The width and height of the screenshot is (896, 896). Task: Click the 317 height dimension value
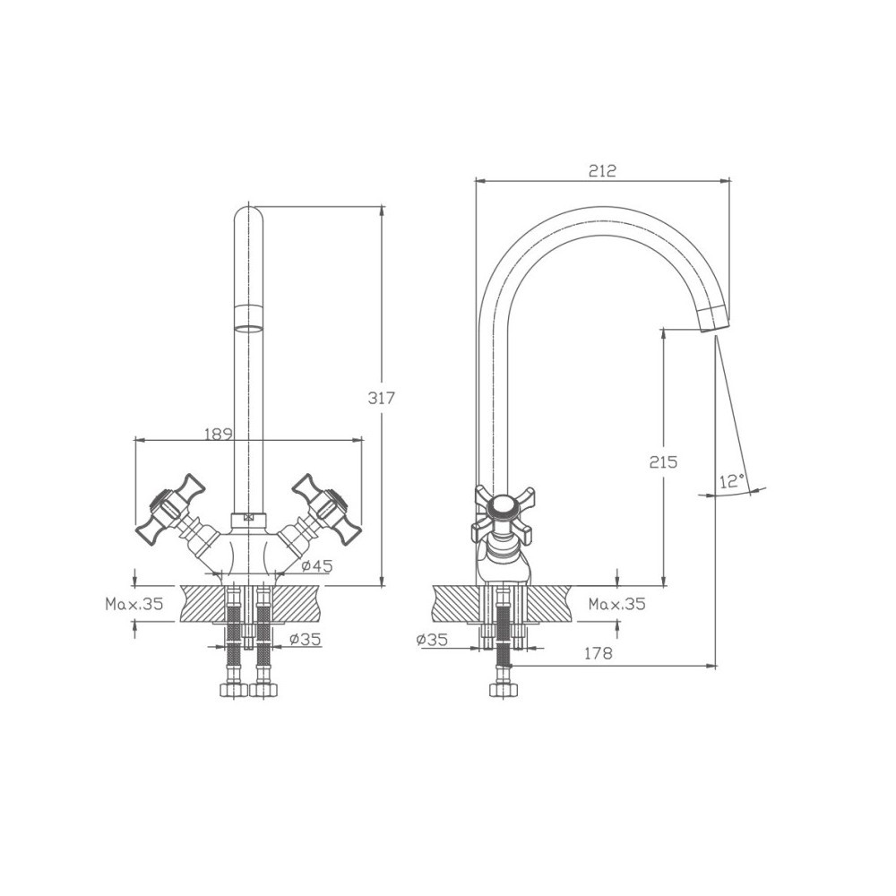[381, 398]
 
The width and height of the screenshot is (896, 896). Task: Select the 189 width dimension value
[219, 435]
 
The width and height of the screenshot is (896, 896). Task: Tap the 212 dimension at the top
[603, 170]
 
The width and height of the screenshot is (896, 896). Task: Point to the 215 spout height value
[663, 461]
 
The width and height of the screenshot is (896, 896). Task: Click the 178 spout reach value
[599, 653]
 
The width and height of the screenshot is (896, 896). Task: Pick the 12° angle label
[732, 481]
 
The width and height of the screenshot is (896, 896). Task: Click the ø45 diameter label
[316, 565]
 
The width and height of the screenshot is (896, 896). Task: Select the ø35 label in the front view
[305, 639]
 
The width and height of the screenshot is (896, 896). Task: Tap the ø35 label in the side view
[432, 640]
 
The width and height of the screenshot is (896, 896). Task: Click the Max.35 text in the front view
[134, 603]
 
